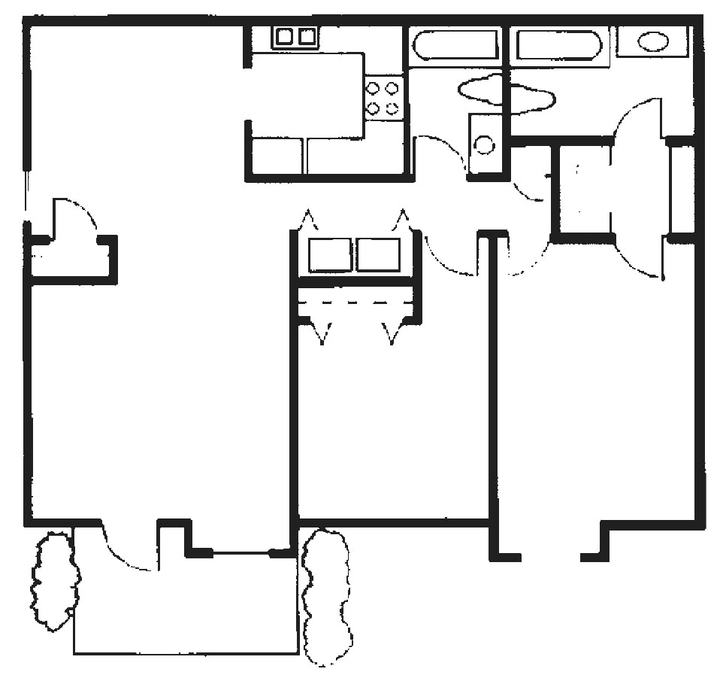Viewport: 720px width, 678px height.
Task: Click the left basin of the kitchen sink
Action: tap(285, 36)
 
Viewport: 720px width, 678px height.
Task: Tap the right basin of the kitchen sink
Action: tap(307, 36)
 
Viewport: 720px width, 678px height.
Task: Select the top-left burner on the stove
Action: tap(373, 89)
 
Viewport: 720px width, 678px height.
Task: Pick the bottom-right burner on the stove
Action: tap(392, 108)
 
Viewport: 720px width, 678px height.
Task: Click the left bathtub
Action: tap(455, 46)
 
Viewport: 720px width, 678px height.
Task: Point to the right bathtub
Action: tap(559, 45)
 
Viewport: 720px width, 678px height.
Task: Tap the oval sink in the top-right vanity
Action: tap(652, 42)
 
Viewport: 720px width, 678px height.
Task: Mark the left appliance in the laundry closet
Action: tap(330, 254)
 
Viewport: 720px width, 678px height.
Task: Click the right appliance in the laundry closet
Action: tap(378, 254)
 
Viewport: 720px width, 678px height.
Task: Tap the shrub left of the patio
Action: tap(54, 580)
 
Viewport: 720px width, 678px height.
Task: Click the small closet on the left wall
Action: tap(72, 260)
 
